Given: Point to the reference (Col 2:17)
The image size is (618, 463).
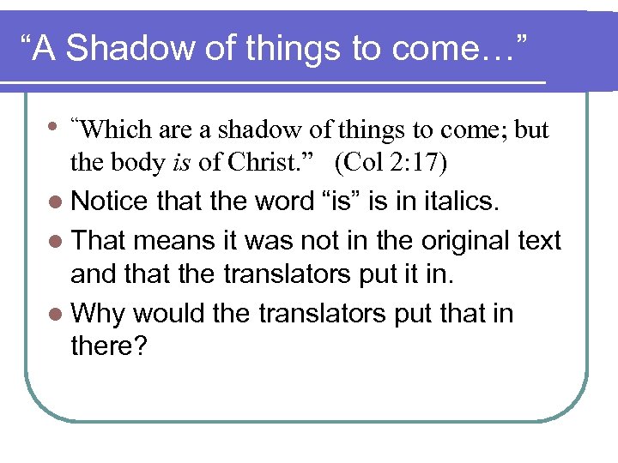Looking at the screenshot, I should click(394, 162).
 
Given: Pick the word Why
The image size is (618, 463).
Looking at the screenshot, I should click(98, 313).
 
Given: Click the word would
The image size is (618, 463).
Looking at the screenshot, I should click(167, 313).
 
